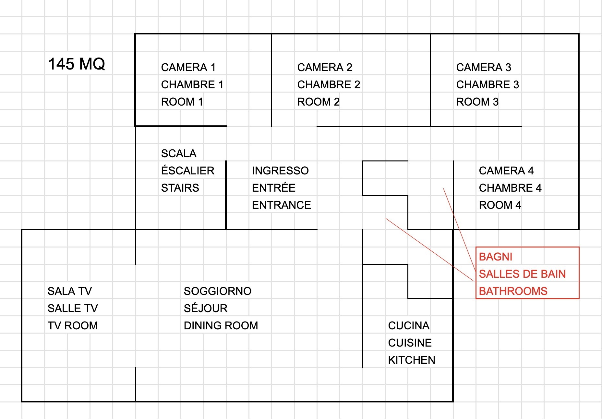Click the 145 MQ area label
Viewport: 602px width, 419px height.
pyautogui.click(x=77, y=64)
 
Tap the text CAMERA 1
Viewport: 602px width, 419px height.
pyautogui.click(x=188, y=68)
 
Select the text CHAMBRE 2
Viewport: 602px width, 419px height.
pyautogui.click(x=329, y=85)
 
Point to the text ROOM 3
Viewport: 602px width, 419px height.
pyautogui.click(x=477, y=102)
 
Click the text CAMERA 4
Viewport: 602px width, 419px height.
pyautogui.click(x=506, y=171)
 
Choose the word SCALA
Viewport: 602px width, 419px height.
pyautogui.click(x=179, y=154)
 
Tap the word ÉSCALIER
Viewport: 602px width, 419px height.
pyautogui.click(x=187, y=171)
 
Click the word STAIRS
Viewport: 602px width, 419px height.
pyautogui.click(x=180, y=188)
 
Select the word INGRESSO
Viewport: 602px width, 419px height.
pyautogui.click(x=280, y=171)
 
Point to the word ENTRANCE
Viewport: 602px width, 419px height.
pyautogui.click(x=281, y=205)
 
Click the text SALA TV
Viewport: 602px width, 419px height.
pyautogui.click(x=70, y=291)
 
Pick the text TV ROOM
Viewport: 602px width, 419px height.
pyautogui.click(x=73, y=326)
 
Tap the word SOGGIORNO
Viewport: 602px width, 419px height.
pyautogui.click(x=217, y=291)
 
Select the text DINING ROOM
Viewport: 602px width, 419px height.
pyautogui.click(x=221, y=326)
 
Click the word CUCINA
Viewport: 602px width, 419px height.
pyautogui.click(x=409, y=326)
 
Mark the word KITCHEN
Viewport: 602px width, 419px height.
pyautogui.click(x=412, y=360)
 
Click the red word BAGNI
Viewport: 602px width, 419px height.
pyautogui.click(x=495, y=257)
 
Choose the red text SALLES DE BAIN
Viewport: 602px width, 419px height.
pyautogui.click(x=522, y=274)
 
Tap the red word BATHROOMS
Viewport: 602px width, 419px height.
pyautogui.click(x=513, y=291)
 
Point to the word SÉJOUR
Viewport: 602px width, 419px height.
pyautogui.click(x=206, y=309)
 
